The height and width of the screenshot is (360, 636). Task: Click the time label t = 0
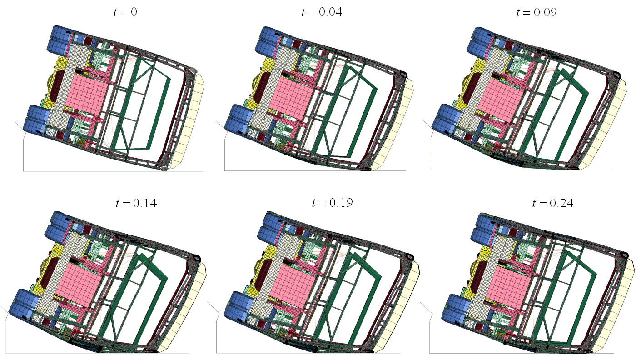point(125,12)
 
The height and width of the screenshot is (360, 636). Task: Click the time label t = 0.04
point(322,12)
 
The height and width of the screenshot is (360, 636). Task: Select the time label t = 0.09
point(537,12)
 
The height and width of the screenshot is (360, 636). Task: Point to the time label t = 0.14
point(136,203)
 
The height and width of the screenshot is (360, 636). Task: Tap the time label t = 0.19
point(332,203)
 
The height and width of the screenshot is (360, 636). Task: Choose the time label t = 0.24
point(552,203)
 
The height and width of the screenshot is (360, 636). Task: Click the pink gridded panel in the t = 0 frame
point(87,95)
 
